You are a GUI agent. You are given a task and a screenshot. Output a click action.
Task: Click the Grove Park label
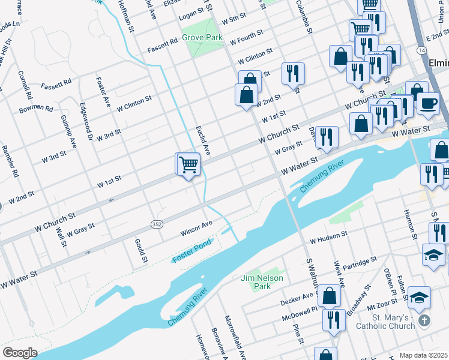(x=202, y=37)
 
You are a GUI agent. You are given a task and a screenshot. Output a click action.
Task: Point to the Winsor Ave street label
(x=197, y=228)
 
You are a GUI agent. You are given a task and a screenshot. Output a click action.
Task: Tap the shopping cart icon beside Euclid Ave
(x=188, y=164)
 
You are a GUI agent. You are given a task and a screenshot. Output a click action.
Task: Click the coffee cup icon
(x=428, y=103)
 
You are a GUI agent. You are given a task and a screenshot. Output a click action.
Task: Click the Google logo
(x=20, y=352)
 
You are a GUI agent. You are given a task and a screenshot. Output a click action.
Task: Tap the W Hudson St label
(x=328, y=238)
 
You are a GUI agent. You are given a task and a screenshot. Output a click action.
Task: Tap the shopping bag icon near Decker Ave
(x=330, y=296)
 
